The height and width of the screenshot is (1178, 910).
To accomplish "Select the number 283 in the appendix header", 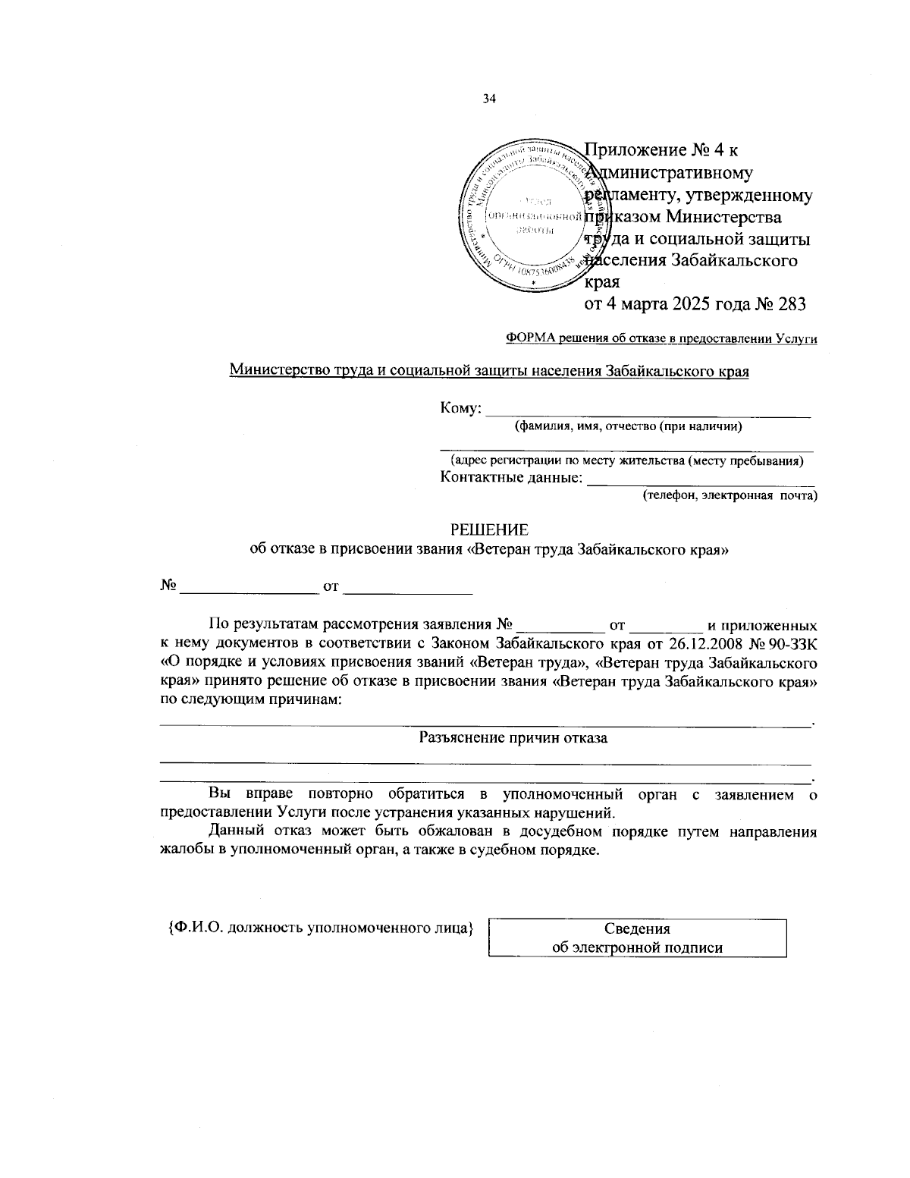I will (789, 304).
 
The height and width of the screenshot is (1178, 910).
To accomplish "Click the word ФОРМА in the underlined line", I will (530, 339).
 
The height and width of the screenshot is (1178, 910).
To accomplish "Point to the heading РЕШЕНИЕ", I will (489, 529).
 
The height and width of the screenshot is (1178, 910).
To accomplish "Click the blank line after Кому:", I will (648, 410).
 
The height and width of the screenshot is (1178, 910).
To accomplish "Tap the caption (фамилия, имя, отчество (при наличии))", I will (628, 426).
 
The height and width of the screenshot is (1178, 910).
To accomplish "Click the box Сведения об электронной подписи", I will (637, 938).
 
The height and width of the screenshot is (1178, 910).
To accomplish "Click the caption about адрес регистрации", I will (627, 460).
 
